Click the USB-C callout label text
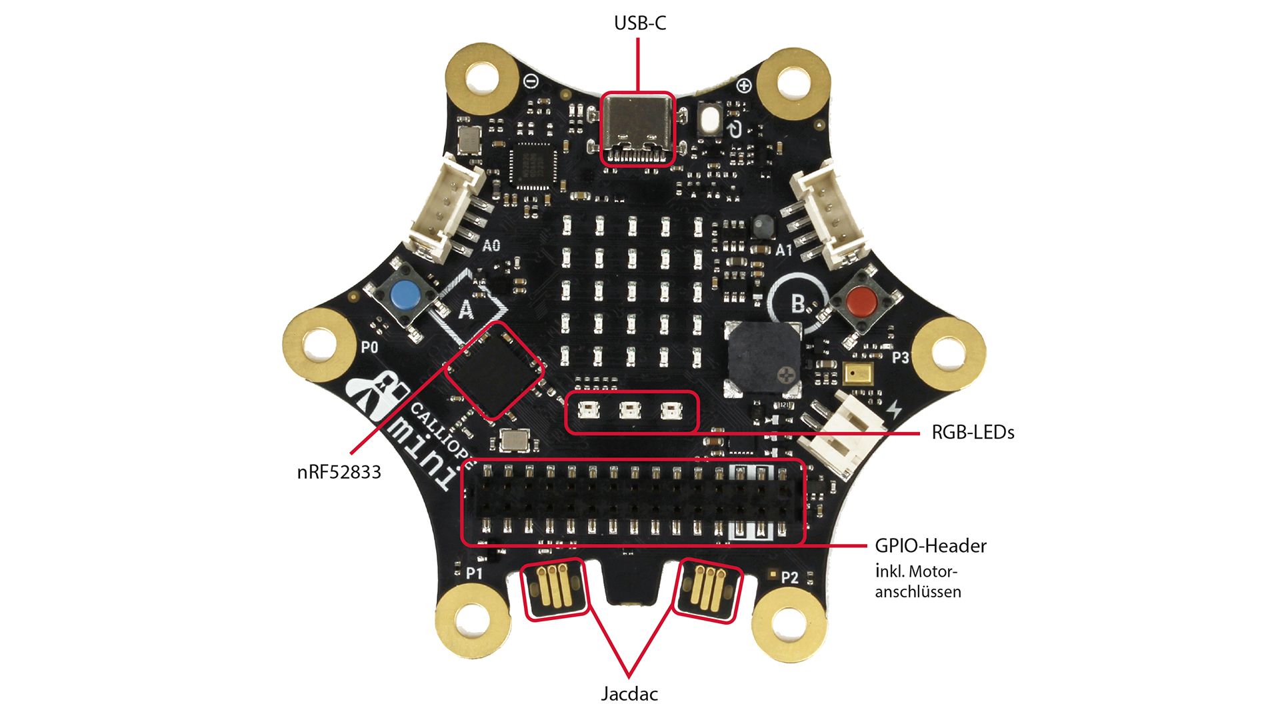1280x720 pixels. coord(639,23)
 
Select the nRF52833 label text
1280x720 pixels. coord(339,472)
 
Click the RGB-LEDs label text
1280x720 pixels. coord(973,433)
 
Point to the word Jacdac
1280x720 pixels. coord(629,694)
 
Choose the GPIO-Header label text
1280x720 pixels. coord(931,546)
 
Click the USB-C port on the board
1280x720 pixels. coord(638,129)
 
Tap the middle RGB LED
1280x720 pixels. coord(629,411)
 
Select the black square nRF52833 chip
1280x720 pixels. coord(494,370)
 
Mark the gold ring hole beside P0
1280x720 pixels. coord(320,345)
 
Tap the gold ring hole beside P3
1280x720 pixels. coord(949,353)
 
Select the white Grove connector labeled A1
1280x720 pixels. coord(827,213)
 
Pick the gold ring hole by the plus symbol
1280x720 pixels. coord(793,84)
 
